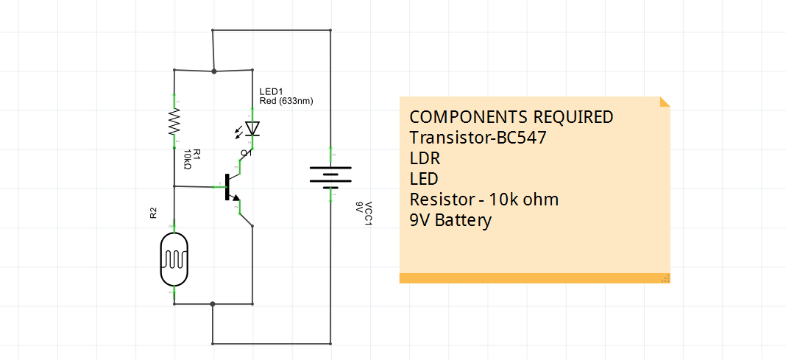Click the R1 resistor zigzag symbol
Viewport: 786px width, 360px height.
(x=174, y=122)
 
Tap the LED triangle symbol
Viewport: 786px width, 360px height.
(x=252, y=129)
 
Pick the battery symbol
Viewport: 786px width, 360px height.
(x=330, y=177)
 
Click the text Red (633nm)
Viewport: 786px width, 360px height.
(x=286, y=101)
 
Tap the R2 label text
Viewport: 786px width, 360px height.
(x=153, y=213)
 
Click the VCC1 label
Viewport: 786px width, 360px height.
(x=369, y=215)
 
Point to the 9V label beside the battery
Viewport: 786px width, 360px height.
(x=359, y=207)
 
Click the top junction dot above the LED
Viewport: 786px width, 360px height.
(x=213, y=71)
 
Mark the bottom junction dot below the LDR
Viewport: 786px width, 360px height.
(x=213, y=303)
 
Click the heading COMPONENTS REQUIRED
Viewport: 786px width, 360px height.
(x=511, y=117)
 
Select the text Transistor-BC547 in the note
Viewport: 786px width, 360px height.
(x=478, y=138)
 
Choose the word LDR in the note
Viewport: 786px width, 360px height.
(x=425, y=158)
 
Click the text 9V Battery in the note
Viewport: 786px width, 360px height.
(x=450, y=220)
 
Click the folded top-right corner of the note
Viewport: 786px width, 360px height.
(x=665, y=102)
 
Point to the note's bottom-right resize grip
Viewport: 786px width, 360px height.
(x=665, y=278)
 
